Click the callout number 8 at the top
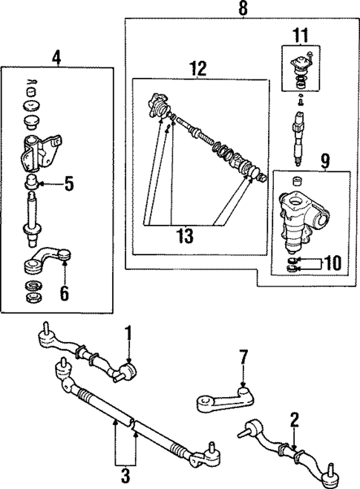coord(242,9)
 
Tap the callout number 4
coord(57,56)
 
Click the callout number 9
coord(325,160)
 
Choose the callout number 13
coord(185,236)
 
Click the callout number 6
coord(65,295)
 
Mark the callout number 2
coord(295,421)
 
